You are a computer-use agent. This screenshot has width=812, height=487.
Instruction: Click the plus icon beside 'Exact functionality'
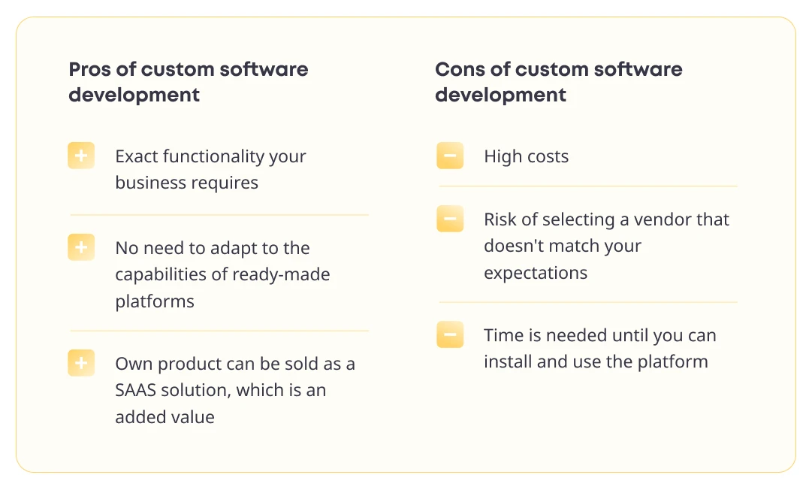pos(81,156)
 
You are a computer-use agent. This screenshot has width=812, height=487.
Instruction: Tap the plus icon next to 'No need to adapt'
pos(81,247)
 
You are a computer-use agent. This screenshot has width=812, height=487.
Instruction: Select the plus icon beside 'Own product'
pos(81,363)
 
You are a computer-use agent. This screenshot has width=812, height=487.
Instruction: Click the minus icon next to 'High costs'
pos(450,156)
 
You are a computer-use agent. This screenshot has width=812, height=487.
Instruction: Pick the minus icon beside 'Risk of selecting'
pos(450,219)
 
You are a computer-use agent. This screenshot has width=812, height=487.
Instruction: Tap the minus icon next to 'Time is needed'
pos(450,334)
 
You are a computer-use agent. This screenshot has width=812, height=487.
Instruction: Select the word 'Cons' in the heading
pos(460,69)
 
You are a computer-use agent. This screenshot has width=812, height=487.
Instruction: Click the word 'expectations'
pos(536,273)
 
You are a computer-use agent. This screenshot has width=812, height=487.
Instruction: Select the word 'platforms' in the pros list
pos(155,301)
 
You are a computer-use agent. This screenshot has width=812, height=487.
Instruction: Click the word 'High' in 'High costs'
pos(501,156)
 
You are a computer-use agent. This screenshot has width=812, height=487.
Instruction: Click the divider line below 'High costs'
pos(587,186)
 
